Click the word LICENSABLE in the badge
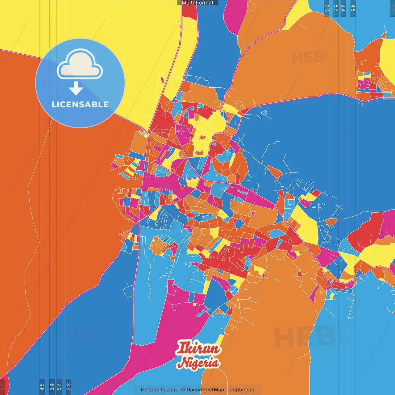coord(80,104)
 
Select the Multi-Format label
coord(197,3)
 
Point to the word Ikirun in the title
coord(198,348)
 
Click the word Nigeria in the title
coord(199,363)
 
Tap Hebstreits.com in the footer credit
coord(159,390)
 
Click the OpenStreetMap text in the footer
coord(205,390)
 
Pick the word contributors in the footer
coord(240,390)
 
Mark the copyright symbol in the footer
coord(183,390)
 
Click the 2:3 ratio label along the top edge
coord(326,8)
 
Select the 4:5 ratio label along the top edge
coord(353,8)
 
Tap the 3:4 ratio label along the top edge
coord(343,8)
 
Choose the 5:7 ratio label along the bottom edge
coord(59,387)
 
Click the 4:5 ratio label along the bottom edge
coord(42,387)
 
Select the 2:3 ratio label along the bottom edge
coord(69,387)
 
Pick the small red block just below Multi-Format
coord(189,11)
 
